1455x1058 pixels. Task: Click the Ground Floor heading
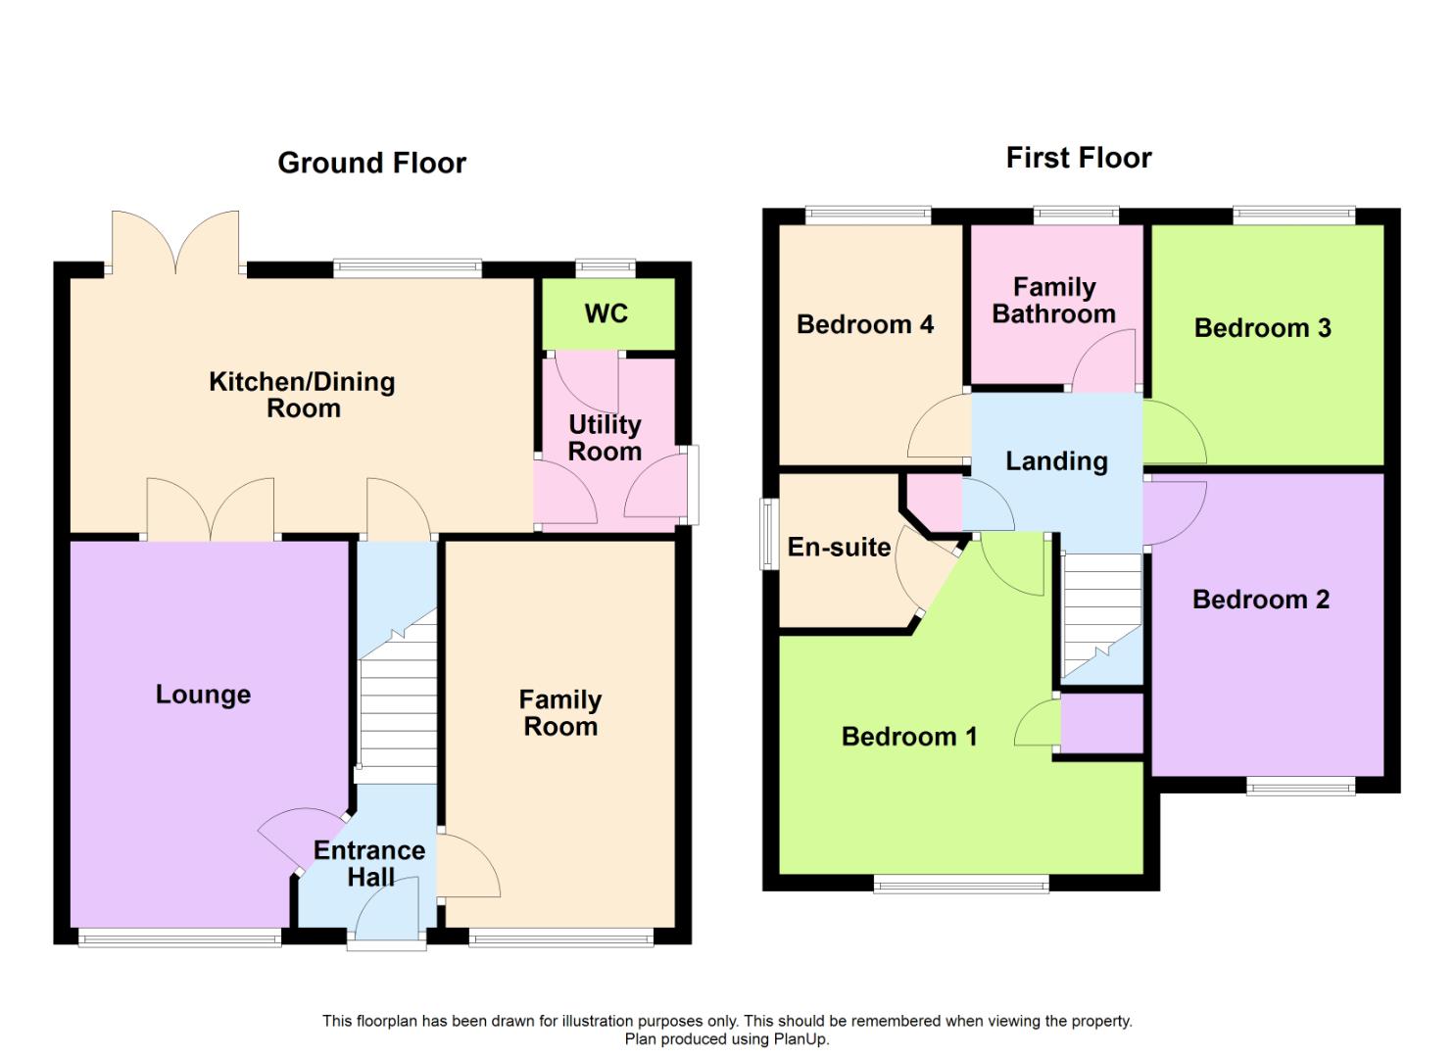coord(371,163)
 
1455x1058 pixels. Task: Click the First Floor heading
coord(1079,158)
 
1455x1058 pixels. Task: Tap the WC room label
coord(606,313)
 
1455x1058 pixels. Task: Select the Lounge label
coord(204,695)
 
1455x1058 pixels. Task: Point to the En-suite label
coord(839,548)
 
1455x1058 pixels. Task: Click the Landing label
coord(1056,461)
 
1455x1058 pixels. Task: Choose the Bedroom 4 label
coord(865,324)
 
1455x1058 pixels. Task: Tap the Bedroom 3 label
coord(1263,328)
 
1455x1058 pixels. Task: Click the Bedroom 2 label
coord(1261,600)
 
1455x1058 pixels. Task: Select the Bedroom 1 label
coord(909,737)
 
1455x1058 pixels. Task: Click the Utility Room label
coord(605,439)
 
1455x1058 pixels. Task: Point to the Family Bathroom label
coord(1053,301)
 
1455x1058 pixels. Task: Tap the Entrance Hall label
coord(369,864)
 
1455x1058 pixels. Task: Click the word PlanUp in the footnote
coord(800,1039)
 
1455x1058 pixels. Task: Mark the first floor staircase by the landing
coord(1101,615)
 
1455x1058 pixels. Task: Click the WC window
coord(606,267)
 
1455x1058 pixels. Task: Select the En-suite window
coord(770,534)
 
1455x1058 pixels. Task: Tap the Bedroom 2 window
coord(1300,788)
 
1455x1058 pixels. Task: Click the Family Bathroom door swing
coord(1104,361)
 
